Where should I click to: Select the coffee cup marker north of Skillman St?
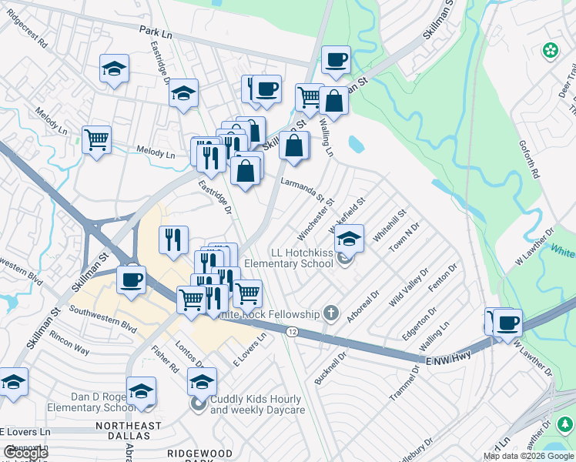click(335, 59)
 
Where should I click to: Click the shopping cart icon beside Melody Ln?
click(97, 140)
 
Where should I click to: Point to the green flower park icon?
click(551, 51)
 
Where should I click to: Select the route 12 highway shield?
click(291, 330)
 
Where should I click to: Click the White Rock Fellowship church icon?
click(331, 313)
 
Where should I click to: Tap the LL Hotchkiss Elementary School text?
click(290, 258)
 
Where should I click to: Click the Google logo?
click(25, 453)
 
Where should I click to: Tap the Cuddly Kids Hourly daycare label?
click(257, 404)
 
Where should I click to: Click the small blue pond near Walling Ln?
click(356, 144)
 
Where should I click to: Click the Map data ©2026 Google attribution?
click(529, 456)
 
